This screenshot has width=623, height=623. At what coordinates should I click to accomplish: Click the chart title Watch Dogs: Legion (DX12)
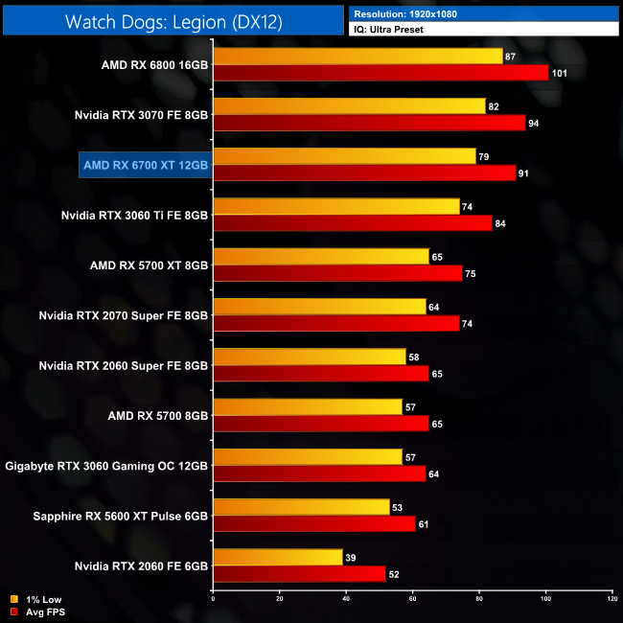[173, 21]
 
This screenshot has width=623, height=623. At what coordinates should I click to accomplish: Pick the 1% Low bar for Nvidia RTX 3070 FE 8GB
[349, 106]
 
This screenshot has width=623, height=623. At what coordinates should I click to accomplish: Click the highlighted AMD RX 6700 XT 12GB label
[145, 165]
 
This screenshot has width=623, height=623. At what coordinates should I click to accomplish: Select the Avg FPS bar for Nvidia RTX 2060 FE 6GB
[299, 574]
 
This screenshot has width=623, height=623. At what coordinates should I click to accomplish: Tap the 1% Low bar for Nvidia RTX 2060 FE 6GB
[278, 557]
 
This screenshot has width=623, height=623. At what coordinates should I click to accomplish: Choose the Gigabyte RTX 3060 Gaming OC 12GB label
[106, 466]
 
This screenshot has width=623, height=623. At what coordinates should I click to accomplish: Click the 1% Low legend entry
[38, 600]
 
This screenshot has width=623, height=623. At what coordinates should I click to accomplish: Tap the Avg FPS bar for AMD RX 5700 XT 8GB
[337, 273]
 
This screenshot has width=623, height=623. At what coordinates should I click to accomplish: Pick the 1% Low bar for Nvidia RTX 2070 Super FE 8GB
[319, 307]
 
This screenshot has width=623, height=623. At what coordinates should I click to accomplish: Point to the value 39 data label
[351, 557]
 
